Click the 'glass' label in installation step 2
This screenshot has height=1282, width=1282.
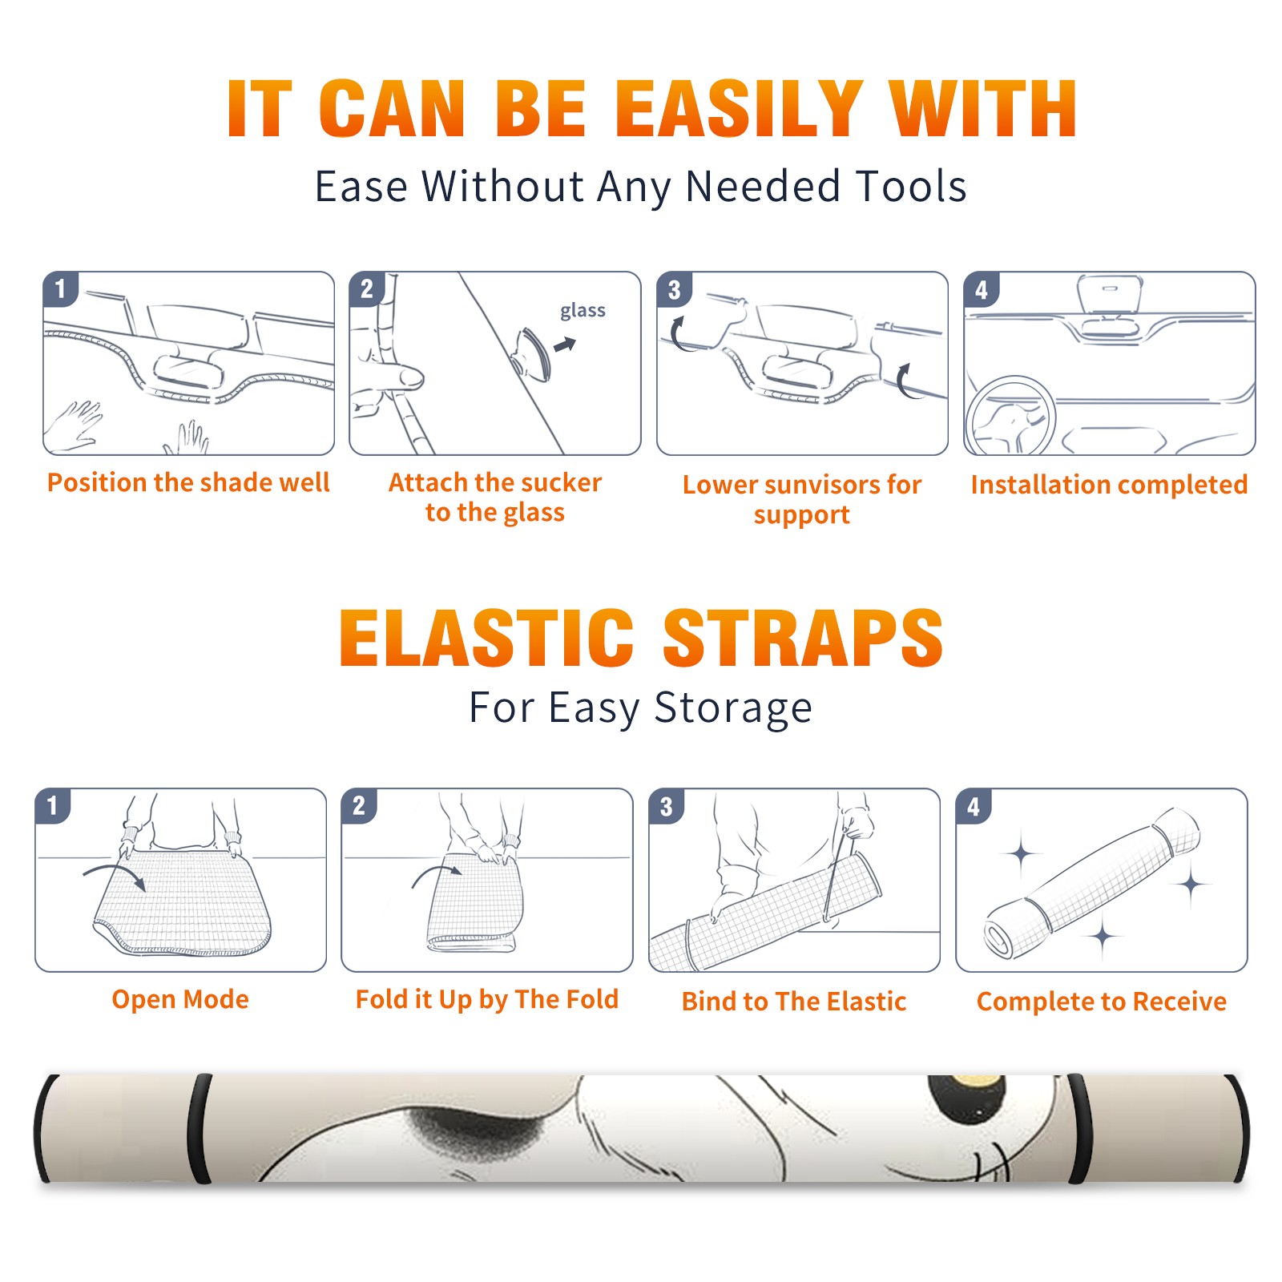point(583,311)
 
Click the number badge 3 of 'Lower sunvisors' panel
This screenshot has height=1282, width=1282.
point(674,289)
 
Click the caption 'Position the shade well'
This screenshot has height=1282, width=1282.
point(188,482)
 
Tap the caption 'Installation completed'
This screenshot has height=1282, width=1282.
point(1109,485)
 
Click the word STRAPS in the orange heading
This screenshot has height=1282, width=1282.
point(803,638)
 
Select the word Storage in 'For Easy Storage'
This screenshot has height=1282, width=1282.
point(733,708)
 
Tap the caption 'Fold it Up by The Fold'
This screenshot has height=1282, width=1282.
point(487,999)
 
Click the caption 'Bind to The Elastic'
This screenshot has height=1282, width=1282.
point(793,1002)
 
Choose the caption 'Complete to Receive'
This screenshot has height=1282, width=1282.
point(1102,1002)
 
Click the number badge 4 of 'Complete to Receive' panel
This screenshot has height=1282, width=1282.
point(974,806)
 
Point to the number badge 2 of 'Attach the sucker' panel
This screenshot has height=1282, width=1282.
point(367,288)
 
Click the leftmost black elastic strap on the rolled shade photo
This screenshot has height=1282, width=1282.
point(45,1128)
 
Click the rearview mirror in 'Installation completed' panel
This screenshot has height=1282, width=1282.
point(1109,295)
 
